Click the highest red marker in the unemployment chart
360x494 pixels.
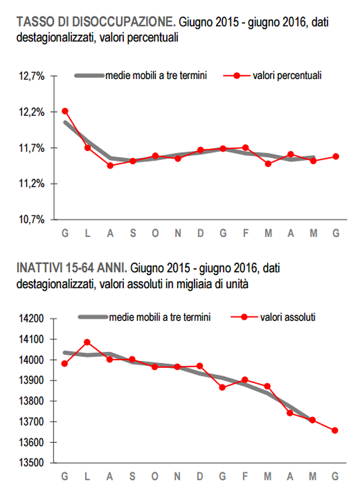[65, 111]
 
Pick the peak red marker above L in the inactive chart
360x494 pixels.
[87, 342]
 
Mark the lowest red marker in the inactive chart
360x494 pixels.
[335, 430]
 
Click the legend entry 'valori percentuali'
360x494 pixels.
[287, 76]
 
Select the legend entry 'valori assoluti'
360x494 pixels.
[287, 317]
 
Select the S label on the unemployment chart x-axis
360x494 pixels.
[133, 233]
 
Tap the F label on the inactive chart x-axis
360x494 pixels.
[245, 477]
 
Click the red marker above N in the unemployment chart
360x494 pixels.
[178, 158]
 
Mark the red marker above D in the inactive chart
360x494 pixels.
[200, 366]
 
